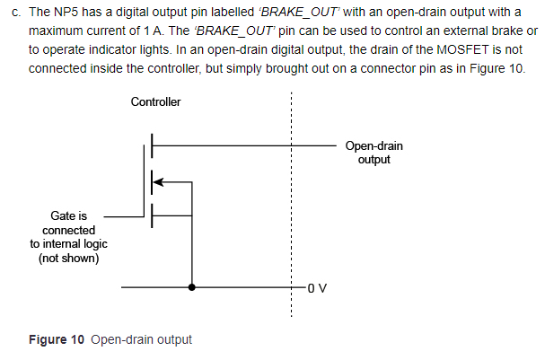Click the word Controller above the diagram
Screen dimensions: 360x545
[x=155, y=101]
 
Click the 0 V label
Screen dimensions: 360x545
[x=318, y=288]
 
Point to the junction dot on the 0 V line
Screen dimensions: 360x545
[x=192, y=288]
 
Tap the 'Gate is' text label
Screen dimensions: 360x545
[x=68, y=216]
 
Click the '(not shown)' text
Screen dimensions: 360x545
[x=68, y=259]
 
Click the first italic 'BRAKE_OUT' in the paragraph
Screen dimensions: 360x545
[x=290, y=12]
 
